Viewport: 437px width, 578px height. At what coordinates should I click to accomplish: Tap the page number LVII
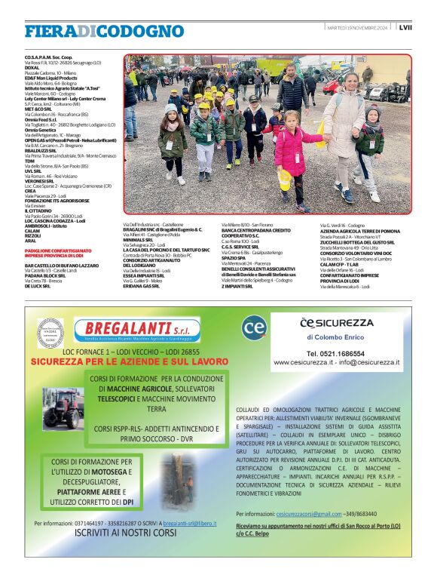pyautogui.click(x=405, y=28)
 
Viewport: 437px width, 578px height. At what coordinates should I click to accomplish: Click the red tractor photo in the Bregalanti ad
pyautogui.click(x=63, y=408)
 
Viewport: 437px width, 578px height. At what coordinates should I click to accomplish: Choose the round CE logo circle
pyautogui.click(x=255, y=327)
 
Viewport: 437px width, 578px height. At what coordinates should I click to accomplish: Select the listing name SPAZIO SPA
pyautogui.click(x=233, y=258)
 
